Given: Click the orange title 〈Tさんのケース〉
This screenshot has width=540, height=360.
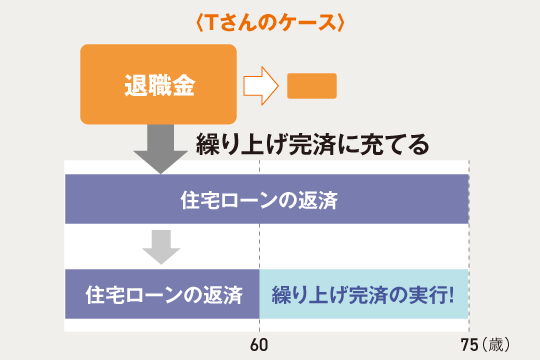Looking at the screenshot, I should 269,22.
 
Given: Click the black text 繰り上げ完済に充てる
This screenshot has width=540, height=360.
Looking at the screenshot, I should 313,144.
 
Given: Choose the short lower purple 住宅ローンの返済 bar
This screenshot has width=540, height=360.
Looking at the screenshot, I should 163,295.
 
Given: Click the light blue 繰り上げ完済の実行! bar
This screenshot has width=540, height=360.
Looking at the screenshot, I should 364,295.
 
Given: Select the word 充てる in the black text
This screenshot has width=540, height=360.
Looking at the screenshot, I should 400,144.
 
